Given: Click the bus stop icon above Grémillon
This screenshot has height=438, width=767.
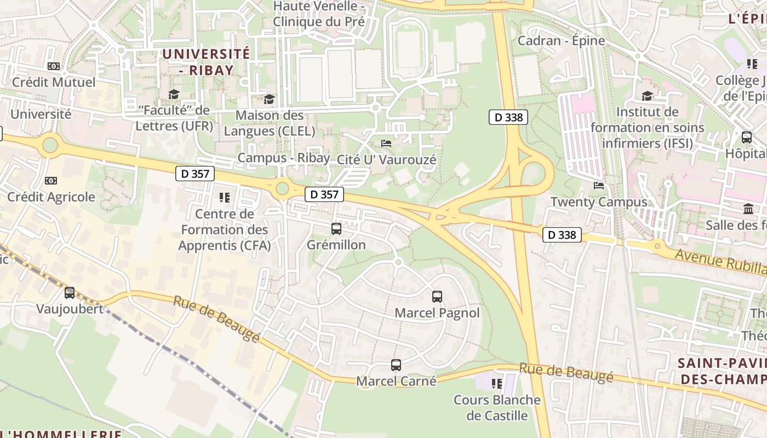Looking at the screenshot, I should click(336, 229).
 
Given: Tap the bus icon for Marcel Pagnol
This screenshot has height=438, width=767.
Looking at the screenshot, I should click(437, 297).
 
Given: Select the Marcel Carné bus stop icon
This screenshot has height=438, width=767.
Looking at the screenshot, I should click(396, 365).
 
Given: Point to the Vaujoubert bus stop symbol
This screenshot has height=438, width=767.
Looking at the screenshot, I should click(70, 293).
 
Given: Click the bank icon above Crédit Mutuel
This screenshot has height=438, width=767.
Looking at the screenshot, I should click(54, 66).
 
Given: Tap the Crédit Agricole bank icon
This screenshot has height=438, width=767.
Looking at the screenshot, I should click(51, 181).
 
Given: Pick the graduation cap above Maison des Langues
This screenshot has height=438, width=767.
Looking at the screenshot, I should click(269, 99).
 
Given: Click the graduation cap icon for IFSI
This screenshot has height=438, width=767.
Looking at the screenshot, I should click(647, 96).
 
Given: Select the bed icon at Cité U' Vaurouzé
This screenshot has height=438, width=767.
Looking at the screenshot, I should click(386, 143).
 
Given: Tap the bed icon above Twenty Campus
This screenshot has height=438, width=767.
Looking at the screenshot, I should click(599, 186).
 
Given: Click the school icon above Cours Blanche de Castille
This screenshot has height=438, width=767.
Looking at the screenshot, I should click(497, 383).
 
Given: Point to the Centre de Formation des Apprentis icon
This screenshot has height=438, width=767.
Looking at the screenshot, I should click(225, 197).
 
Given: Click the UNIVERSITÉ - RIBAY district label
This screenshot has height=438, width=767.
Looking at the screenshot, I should click(206, 62).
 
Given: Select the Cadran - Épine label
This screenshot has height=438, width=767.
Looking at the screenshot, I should click(562, 41).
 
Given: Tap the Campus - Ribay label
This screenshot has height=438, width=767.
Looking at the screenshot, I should click(284, 158).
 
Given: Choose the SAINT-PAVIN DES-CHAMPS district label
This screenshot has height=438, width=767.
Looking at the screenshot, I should click(722, 371).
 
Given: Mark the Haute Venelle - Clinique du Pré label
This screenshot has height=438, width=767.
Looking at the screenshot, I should click(319, 14).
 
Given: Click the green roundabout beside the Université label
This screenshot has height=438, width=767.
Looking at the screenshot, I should click(50, 145).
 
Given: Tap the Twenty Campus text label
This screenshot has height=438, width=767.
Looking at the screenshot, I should click(599, 202).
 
